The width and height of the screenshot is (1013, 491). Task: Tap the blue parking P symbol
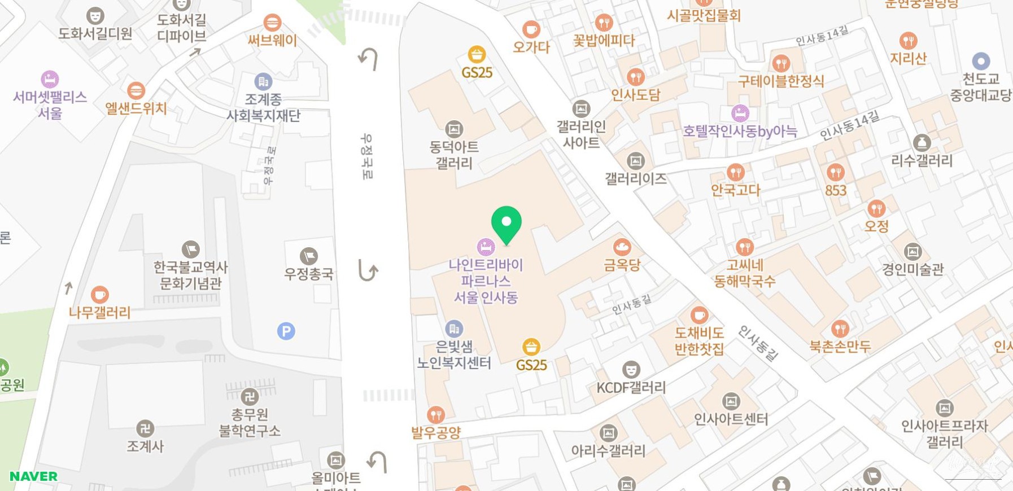pyautogui.click(x=286, y=331)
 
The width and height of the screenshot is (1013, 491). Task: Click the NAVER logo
pyautogui.click(x=33, y=476)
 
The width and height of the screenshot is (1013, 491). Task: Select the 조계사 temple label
pyautogui.click(x=145, y=446)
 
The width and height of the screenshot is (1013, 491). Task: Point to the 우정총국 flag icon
pyautogui.click(x=309, y=256)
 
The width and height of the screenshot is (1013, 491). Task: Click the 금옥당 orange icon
pyautogui.click(x=622, y=247)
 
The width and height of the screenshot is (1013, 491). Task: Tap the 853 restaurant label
pyautogui.click(x=836, y=190)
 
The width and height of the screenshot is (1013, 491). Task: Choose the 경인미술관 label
pyautogui.click(x=912, y=269)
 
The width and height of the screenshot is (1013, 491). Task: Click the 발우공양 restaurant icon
pyautogui.click(x=436, y=415)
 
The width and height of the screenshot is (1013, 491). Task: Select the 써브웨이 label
pyautogui.click(x=272, y=40)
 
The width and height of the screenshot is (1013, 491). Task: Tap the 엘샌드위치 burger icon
pyautogui.click(x=136, y=90)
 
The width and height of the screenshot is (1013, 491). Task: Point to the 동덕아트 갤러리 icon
pyautogui.click(x=454, y=129)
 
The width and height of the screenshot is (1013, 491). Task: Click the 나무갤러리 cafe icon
pyautogui.click(x=99, y=295)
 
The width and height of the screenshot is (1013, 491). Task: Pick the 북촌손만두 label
pyautogui.click(x=840, y=346)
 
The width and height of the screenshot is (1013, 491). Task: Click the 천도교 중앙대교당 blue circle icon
pyautogui.click(x=981, y=61)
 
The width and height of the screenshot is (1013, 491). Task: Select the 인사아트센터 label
pyautogui.click(x=731, y=419)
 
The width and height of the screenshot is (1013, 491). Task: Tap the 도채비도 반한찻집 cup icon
pyautogui.click(x=699, y=315)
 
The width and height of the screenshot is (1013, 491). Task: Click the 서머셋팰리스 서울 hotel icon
pyautogui.click(x=50, y=79)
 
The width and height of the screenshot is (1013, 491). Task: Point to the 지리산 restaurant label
pyautogui.click(x=908, y=58)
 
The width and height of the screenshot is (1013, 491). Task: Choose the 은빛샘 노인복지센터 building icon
pyautogui.click(x=454, y=328)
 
